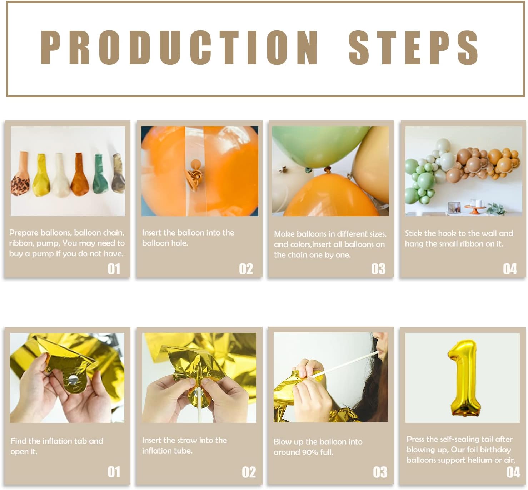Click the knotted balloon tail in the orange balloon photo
(195, 175)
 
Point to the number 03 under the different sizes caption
(378, 269)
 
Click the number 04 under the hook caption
(510, 269)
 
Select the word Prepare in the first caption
(24, 233)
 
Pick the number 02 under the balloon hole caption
(246, 269)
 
